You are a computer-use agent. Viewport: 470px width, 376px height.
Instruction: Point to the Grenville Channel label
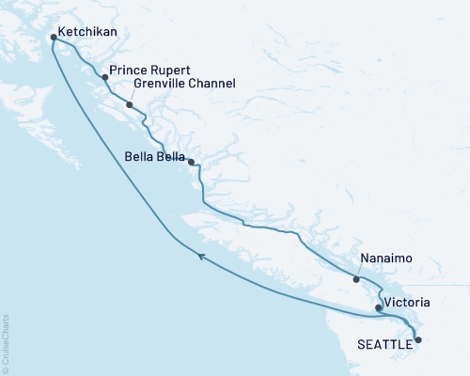[184, 84]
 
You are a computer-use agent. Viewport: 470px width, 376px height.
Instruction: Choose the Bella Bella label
[155, 157]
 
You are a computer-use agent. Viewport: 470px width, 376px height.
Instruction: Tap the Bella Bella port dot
[192, 163]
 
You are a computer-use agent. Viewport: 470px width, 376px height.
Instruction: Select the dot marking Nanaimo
[356, 279]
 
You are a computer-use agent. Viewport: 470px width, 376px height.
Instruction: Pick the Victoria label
[408, 304]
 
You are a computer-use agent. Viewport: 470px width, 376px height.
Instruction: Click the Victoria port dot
[378, 307]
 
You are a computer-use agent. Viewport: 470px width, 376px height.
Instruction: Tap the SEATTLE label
[385, 345]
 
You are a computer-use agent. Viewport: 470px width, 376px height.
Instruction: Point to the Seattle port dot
[419, 339]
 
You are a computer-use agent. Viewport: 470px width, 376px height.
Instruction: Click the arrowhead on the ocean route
[201, 254]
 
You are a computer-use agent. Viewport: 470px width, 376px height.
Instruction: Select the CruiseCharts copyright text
[6, 342]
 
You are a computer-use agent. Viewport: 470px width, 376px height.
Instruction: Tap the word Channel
[211, 84]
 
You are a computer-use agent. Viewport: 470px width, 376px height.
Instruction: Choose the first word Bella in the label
[139, 157]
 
